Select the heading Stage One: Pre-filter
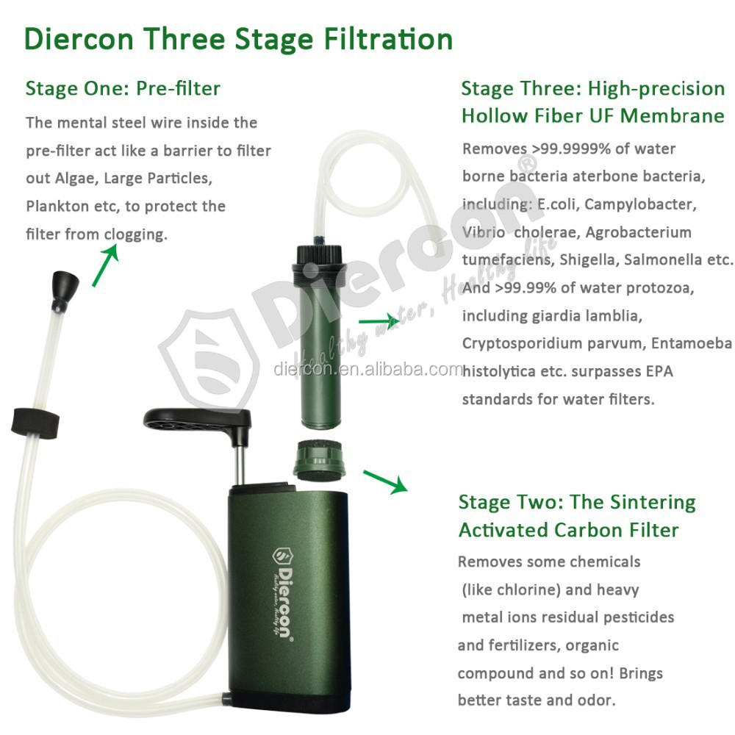pos(123,89)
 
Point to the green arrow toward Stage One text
pos(104,265)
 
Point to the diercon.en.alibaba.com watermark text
pos(367,369)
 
